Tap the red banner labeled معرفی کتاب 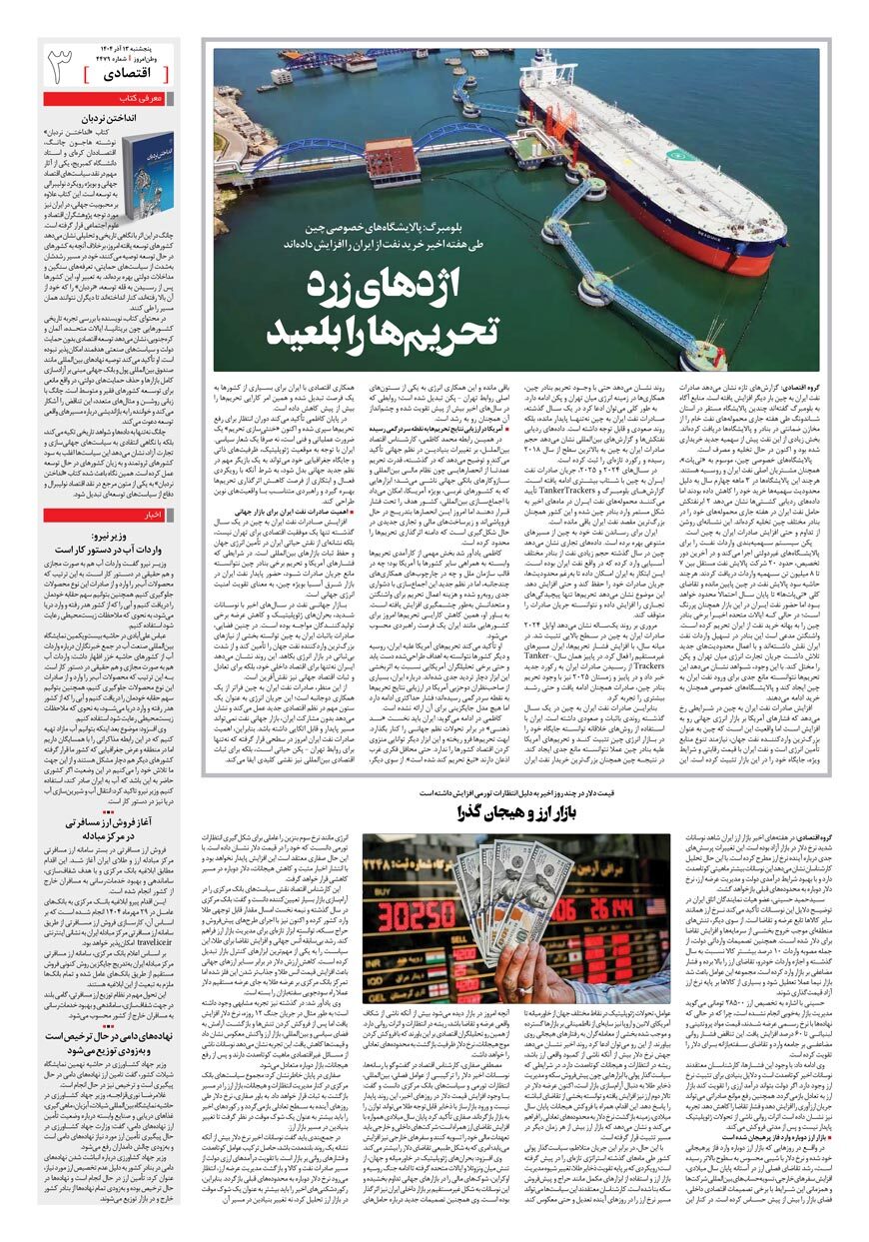(142, 99)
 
